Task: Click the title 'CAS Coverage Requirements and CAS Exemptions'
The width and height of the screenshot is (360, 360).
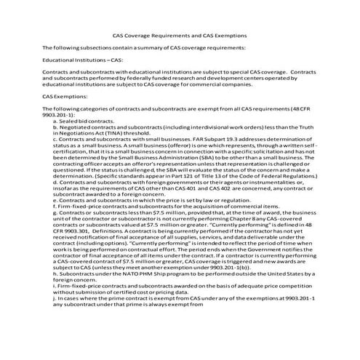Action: (180, 34)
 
